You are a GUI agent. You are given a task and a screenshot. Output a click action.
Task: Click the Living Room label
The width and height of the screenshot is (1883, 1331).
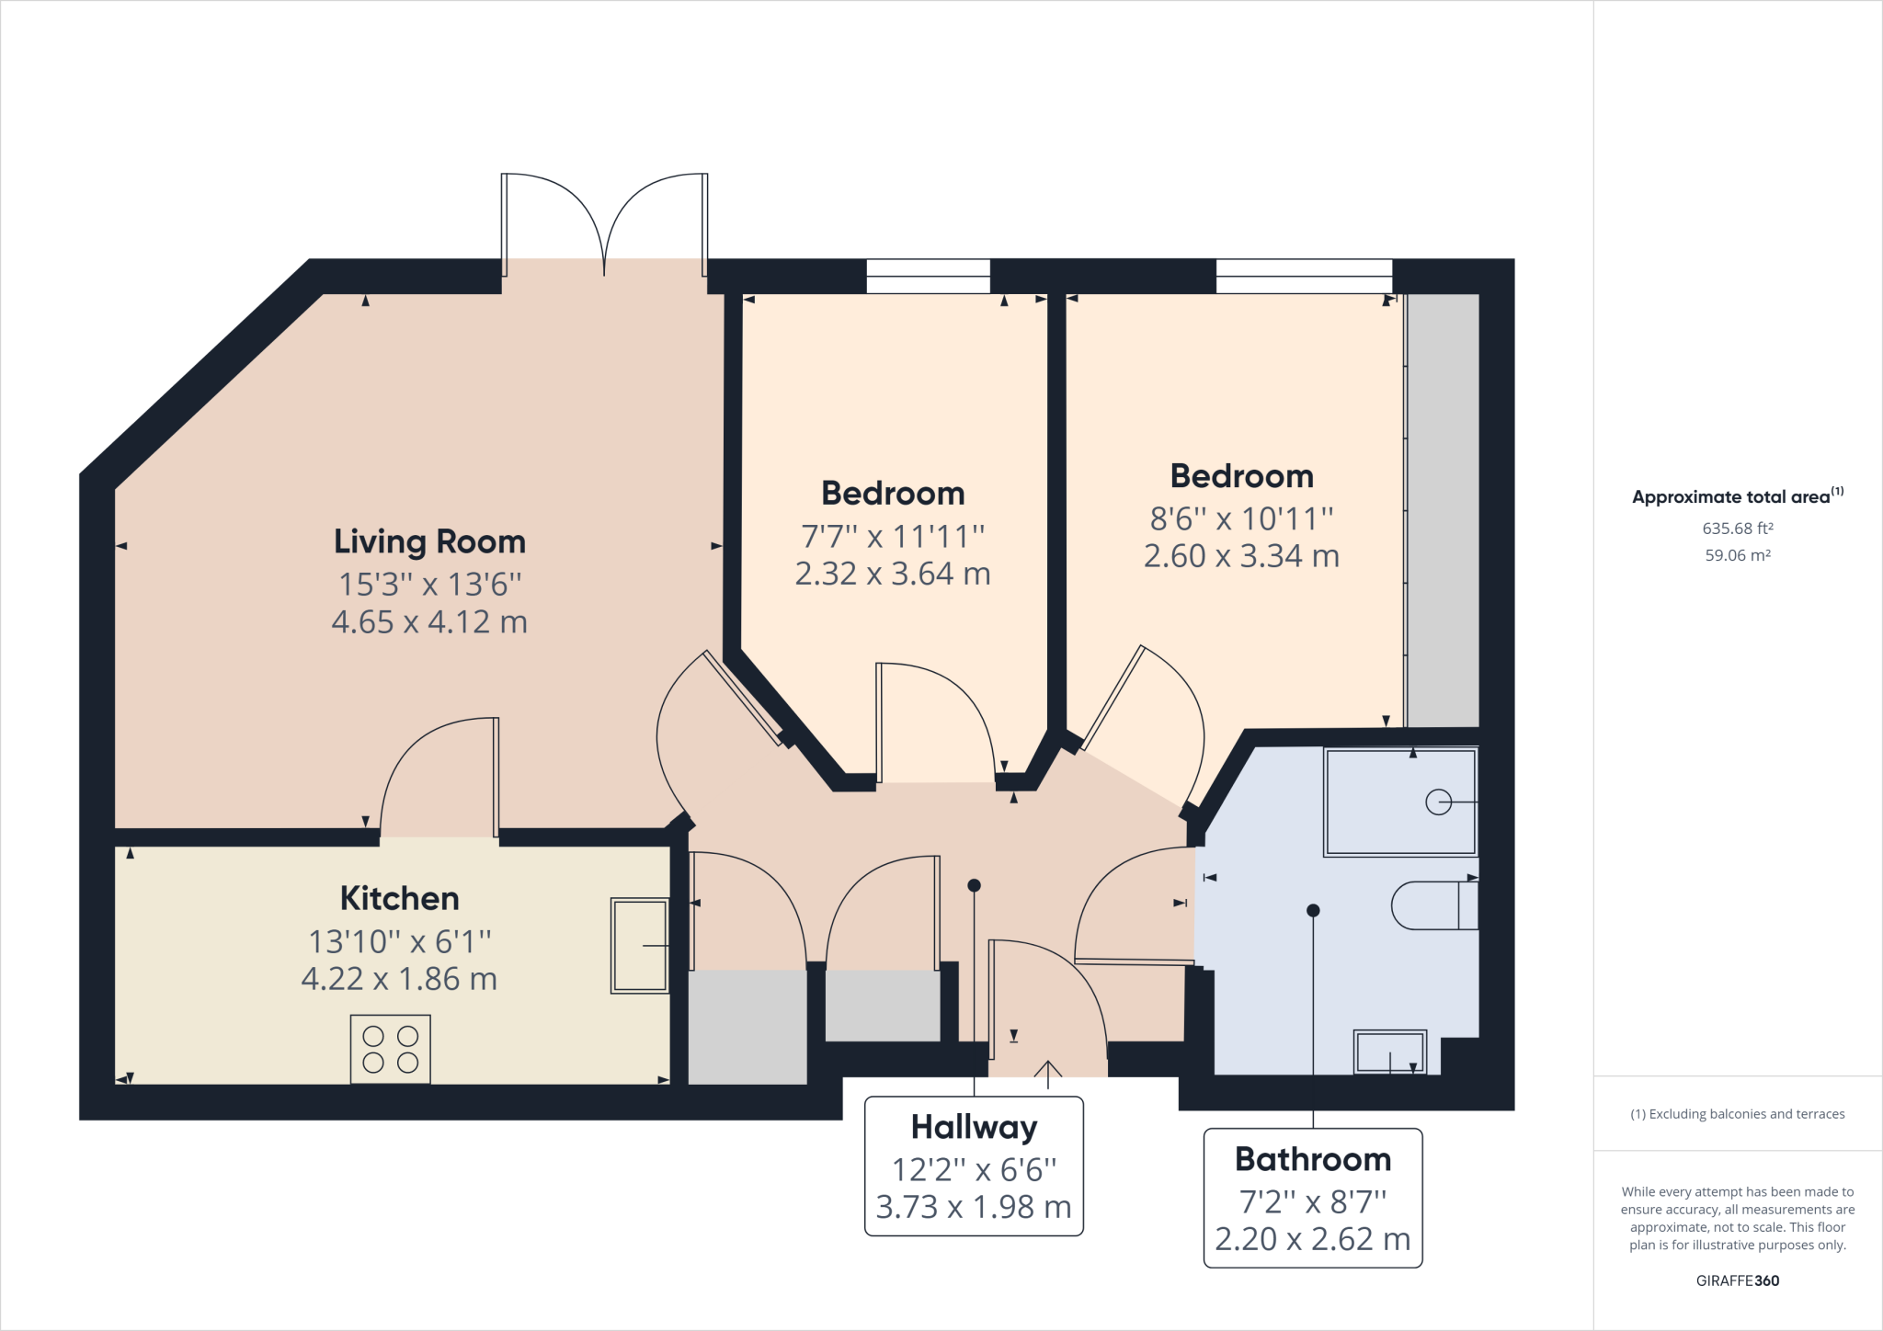(429, 541)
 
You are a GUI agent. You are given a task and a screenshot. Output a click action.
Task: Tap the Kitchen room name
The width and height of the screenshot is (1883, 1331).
(399, 898)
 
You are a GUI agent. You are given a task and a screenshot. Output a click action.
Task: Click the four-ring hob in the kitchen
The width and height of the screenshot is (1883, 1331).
(390, 1049)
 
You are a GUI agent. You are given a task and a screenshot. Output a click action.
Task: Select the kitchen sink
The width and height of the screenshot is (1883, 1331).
(640, 946)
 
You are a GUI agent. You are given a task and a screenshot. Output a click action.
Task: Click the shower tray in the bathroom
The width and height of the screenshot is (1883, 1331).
(1399, 802)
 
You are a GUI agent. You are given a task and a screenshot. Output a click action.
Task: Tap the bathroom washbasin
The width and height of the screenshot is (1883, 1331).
(1389, 1052)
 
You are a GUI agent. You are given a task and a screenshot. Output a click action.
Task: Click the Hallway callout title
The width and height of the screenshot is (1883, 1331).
(974, 1127)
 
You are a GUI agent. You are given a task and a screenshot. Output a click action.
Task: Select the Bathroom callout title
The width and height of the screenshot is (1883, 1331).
(1312, 1159)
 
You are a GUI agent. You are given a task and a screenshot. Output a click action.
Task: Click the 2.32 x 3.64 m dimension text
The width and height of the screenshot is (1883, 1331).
(892, 574)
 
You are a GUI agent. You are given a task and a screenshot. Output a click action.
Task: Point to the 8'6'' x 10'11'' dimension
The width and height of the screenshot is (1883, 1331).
(1241, 518)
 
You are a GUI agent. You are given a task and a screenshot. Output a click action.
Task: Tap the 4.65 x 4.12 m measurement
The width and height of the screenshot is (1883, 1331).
(429, 622)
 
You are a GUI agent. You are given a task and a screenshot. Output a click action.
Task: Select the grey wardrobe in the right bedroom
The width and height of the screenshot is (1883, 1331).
(1443, 510)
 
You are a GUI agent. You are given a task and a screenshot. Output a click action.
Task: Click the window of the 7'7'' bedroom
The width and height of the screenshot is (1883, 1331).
(928, 276)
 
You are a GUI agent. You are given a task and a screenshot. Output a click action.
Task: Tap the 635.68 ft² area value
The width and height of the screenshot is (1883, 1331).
(1737, 529)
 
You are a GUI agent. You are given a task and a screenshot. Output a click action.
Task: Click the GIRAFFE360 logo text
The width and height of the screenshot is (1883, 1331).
(1737, 1280)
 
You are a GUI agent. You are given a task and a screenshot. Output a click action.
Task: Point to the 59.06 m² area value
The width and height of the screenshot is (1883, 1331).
(1737, 555)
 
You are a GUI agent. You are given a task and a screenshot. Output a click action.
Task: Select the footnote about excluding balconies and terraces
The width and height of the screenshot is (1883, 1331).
(1737, 1114)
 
